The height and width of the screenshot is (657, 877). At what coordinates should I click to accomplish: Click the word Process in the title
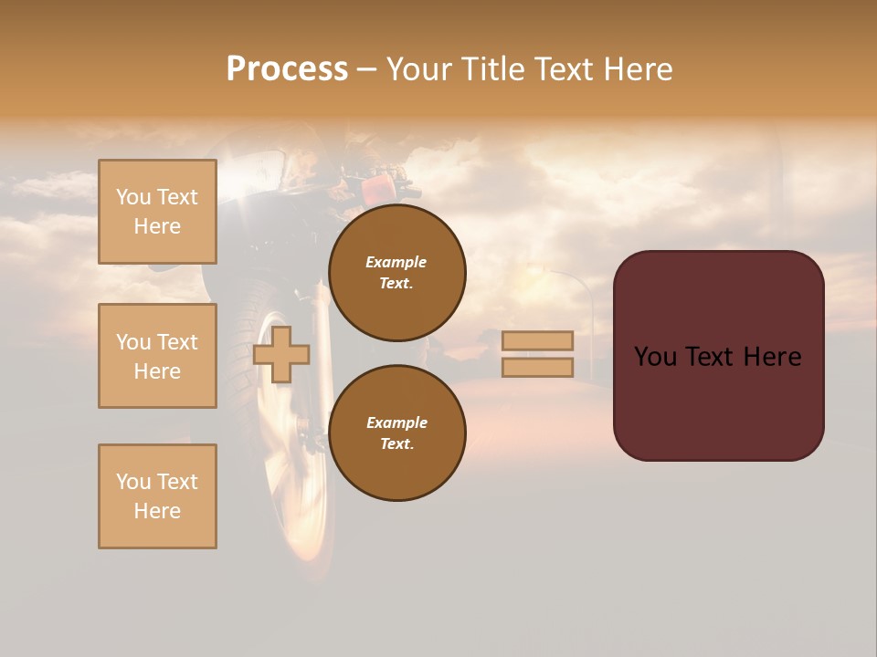point(287,69)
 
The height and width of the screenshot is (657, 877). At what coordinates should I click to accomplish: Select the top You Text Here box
point(157,212)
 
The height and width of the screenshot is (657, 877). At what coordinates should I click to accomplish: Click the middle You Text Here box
point(157,356)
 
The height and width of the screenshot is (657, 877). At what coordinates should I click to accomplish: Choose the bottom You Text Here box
point(157,496)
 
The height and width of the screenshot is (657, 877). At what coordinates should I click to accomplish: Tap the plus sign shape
point(281,354)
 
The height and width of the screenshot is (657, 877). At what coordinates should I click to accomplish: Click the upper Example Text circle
point(397,273)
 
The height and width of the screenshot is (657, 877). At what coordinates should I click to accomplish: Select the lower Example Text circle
point(397,433)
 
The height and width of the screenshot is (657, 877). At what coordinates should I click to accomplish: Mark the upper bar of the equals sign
point(538,340)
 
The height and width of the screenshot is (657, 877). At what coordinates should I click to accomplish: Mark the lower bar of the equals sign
point(538,367)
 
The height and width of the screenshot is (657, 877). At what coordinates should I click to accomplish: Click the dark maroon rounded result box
point(719,356)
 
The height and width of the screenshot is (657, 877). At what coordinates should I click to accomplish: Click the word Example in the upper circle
point(396,262)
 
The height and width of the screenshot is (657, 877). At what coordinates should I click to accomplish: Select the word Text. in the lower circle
point(396,443)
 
